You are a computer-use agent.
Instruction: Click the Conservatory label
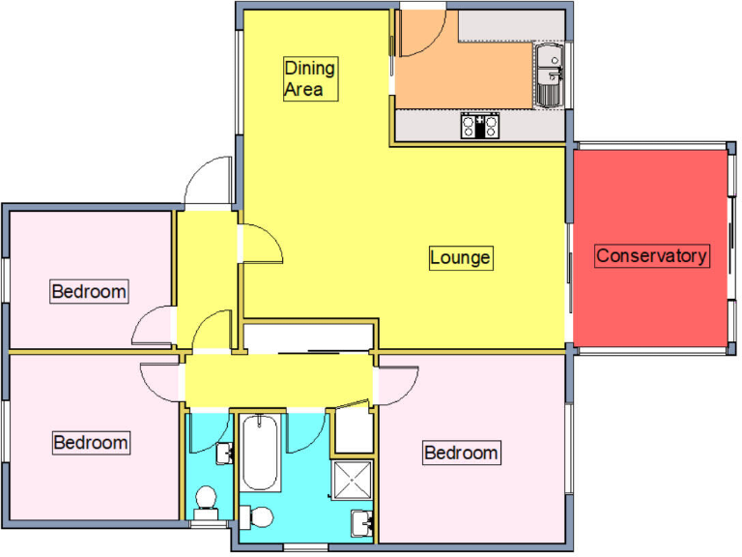[x=652, y=256]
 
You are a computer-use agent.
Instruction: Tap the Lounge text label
[x=461, y=258]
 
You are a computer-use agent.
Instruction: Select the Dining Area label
[x=310, y=79]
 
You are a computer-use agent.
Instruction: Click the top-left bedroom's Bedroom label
[x=89, y=290]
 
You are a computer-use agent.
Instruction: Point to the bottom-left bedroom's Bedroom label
[x=90, y=442]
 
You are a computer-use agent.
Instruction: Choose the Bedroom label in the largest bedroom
[x=461, y=452]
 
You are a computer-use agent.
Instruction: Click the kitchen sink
[x=550, y=75]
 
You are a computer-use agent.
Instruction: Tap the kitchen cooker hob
[x=479, y=126]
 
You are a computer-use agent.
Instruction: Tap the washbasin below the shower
[x=364, y=523]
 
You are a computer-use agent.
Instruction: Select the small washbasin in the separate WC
[x=226, y=452]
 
